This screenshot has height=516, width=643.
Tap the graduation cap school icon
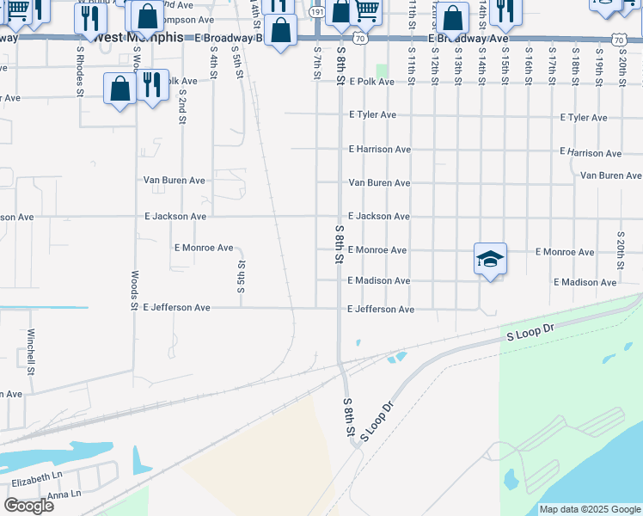(x=490, y=259)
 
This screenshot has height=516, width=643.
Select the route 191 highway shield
(x=317, y=12)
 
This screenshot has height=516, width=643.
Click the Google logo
(x=28, y=506)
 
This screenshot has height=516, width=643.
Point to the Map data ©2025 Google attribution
(x=589, y=509)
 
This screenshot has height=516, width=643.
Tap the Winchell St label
(x=31, y=353)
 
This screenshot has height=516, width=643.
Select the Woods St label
(x=135, y=290)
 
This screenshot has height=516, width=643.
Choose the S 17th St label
(x=552, y=64)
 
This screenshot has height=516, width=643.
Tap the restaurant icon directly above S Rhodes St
(x=89, y=18)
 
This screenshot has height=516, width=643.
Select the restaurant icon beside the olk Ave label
(x=152, y=86)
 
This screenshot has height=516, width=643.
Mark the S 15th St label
(x=505, y=64)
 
